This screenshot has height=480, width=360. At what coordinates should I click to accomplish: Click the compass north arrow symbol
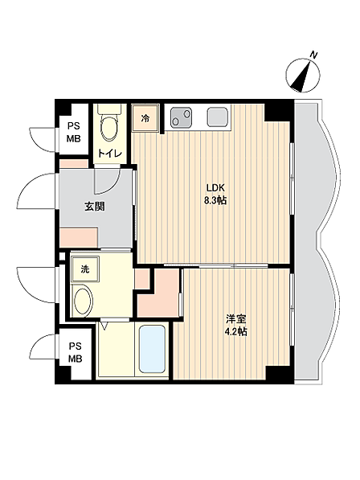coord(303,76)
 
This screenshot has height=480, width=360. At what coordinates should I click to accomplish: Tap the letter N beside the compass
coord(313,55)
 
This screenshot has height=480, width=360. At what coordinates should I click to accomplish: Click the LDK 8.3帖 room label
coord(215,194)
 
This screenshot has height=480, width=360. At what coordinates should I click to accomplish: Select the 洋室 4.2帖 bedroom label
coord(236,325)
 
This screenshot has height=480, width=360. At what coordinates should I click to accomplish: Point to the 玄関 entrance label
coord(95,207)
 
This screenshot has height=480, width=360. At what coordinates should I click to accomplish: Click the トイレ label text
coord(109,153)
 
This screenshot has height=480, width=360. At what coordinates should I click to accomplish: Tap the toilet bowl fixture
coord(109,123)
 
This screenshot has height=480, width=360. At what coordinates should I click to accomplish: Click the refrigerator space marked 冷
coord(145,118)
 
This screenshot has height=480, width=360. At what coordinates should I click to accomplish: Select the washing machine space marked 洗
coord(85,269)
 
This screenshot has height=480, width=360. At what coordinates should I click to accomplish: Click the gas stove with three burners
coord(181,117)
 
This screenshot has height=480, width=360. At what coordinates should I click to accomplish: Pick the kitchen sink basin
coord(218,117)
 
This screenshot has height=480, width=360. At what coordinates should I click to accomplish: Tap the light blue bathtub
coord(152,349)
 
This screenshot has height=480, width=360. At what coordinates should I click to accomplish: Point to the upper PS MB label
coord(74,132)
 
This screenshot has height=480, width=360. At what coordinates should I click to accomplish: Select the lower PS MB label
coord(76,353)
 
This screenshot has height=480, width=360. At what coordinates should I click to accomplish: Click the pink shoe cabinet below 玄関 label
coord(79,237)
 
